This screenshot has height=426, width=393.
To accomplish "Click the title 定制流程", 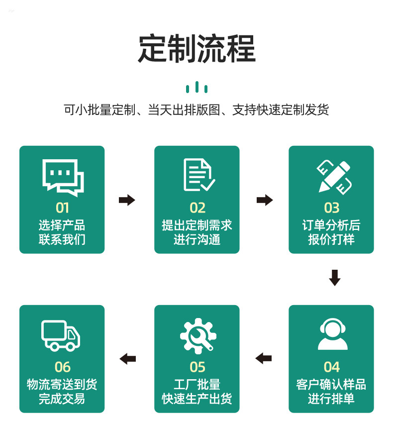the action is click(x=196, y=48).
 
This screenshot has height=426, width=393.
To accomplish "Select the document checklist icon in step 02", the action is click(x=198, y=175).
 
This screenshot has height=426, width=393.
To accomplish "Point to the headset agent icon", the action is click(x=332, y=334).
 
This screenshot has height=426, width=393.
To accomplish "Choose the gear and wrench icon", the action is click(x=197, y=335).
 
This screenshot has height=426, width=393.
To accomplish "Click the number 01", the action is click(x=62, y=208).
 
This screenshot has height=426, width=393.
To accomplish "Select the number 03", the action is click(x=331, y=208).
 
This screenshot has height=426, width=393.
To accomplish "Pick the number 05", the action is click(x=197, y=367).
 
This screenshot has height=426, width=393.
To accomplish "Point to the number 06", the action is click(x=62, y=367).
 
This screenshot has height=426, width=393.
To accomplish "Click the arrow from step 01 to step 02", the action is click(x=127, y=200).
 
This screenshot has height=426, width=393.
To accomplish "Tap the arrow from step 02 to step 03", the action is click(x=265, y=200).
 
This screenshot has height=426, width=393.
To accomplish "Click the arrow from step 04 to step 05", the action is click(x=264, y=358).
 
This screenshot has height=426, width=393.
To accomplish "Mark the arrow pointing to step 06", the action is click(x=128, y=358).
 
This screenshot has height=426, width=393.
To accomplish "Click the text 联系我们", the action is click(x=62, y=239).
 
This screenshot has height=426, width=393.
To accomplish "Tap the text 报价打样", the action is click(x=331, y=239).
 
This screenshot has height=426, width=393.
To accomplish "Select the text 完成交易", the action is click(x=62, y=399).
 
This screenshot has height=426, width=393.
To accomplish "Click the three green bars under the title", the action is click(x=196, y=88).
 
